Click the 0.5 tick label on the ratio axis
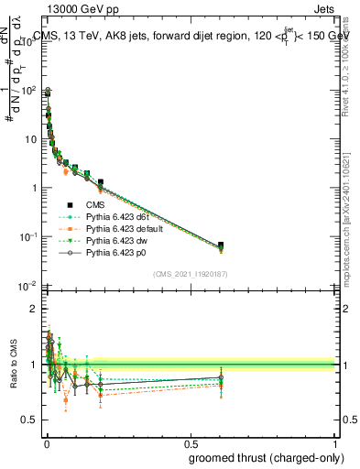(28, 420)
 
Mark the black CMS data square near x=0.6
(220, 245)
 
